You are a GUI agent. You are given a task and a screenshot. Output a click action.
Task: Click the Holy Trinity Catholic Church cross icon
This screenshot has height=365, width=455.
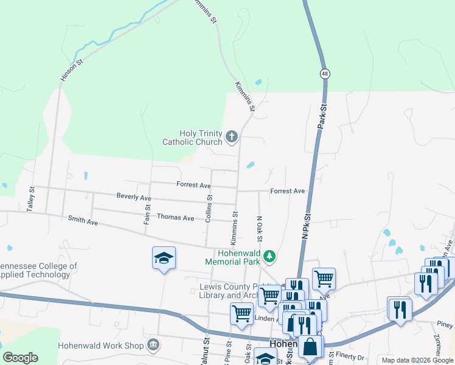tap(232, 137)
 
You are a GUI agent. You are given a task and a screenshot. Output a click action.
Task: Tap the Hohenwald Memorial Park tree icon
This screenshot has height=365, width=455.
tap(269, 258)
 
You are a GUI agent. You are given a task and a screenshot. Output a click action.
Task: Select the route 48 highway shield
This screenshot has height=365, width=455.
tap(326, 73)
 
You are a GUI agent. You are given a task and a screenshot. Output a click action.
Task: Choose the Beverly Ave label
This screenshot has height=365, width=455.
tap(134, 198)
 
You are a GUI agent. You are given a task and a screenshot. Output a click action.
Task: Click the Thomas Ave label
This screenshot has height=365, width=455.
tap(175, 217)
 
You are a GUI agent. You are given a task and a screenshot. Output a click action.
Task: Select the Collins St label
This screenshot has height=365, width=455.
tap(209, 207)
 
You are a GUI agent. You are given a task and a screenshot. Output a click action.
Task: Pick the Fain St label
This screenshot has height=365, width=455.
tap(147, 214)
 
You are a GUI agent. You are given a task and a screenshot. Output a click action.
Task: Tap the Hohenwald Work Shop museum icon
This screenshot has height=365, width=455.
tap(153, 346)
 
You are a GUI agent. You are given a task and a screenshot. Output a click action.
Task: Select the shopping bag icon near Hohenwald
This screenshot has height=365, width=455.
tap(310, 347)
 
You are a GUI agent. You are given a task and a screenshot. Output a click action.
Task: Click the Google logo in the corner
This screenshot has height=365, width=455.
tap(20, 358)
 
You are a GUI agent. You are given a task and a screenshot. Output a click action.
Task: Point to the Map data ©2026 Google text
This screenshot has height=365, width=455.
tap(417, 360)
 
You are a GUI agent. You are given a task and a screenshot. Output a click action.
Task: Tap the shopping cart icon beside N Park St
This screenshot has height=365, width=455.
tap(324, 279)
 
